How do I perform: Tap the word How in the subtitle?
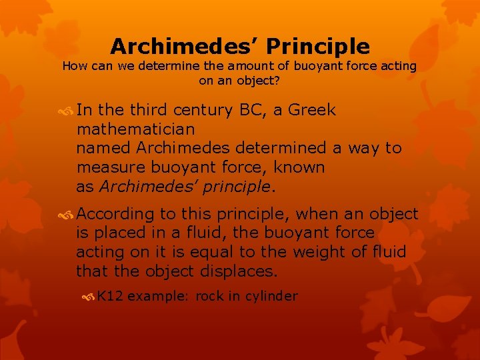(x=73, y=66)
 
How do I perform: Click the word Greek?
(x=312, y=110)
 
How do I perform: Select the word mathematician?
(x=135, y=129)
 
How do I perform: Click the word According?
(x=115, y=215)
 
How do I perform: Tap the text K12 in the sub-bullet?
(x=109, y=296)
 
